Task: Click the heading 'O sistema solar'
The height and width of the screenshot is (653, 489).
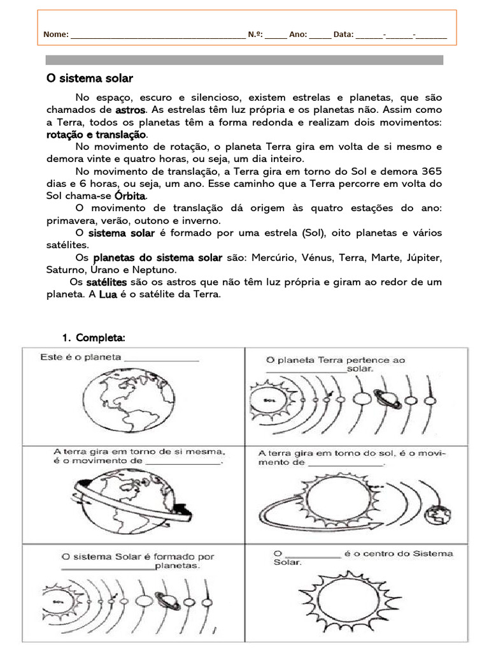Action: click(90, 78)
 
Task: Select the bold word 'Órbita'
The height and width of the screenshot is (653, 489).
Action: click(131, 195)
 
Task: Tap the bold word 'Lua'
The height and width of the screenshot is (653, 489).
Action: click(108, 294)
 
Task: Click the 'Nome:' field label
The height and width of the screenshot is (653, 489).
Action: click(56, 34)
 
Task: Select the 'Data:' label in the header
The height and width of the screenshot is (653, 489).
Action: click(343, 34)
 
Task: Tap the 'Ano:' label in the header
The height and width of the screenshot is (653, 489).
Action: click(298, 34)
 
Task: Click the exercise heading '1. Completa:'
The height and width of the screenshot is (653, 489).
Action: click(94, 337)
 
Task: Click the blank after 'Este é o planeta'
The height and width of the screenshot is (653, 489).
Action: click(162, 359)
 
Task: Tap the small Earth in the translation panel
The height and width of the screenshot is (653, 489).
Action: click(439, 513)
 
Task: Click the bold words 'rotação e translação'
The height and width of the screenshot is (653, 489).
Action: click(96, 135)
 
